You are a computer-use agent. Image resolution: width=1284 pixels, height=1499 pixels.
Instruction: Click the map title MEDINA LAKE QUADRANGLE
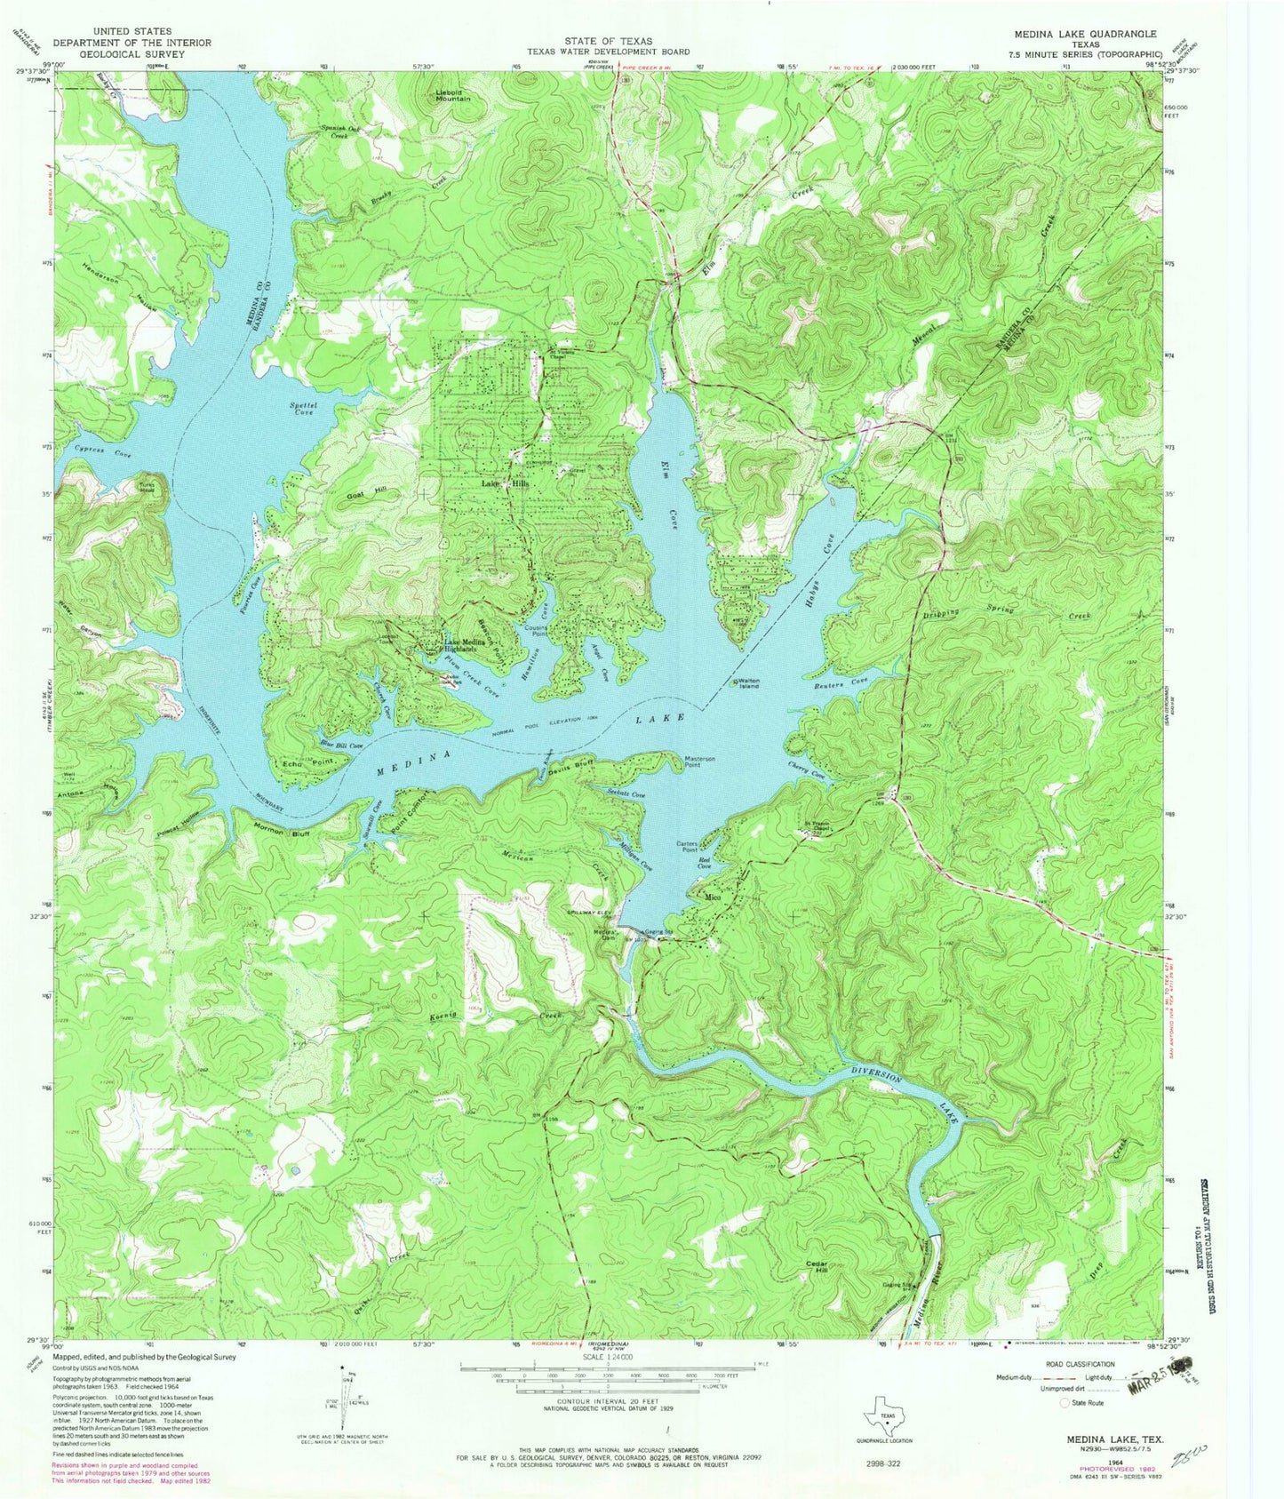click(1085, 33)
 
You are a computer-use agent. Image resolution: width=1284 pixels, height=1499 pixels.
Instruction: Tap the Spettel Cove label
click(302, 409)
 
